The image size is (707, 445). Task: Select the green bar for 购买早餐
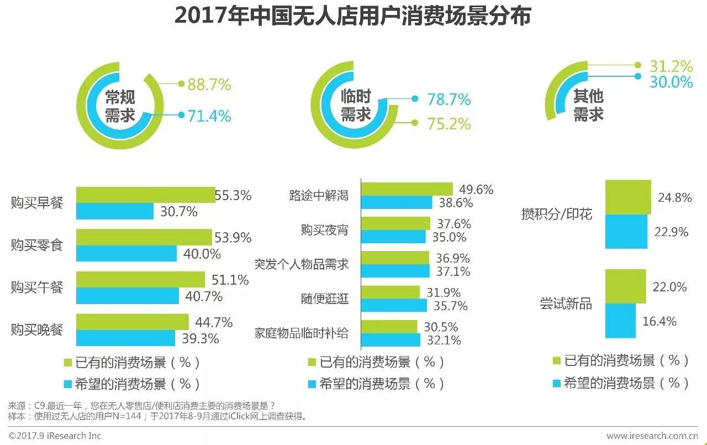tap(145, 195)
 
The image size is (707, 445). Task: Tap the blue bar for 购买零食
tap(126, 253)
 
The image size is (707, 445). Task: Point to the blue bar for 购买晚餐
tap(125, 338)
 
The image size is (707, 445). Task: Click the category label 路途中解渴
tap(319, 195)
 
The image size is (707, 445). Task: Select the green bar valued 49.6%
tap(407, 189)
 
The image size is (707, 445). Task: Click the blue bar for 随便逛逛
tap(394, 305)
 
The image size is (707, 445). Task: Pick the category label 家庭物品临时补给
tap(302, 333)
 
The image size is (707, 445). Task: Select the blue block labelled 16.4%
tap(620, 321)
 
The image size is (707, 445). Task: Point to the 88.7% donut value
tap(209, 85)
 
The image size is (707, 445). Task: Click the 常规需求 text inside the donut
tap(120, 106)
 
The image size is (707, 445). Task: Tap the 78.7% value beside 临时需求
tap(449, 100)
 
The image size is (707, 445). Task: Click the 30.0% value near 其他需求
tap(671, 82)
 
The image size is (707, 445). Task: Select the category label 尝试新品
tap(566, 303)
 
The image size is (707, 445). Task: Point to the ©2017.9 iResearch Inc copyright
tap(55, 436)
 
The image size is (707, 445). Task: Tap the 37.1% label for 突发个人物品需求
tap(453, 271)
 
